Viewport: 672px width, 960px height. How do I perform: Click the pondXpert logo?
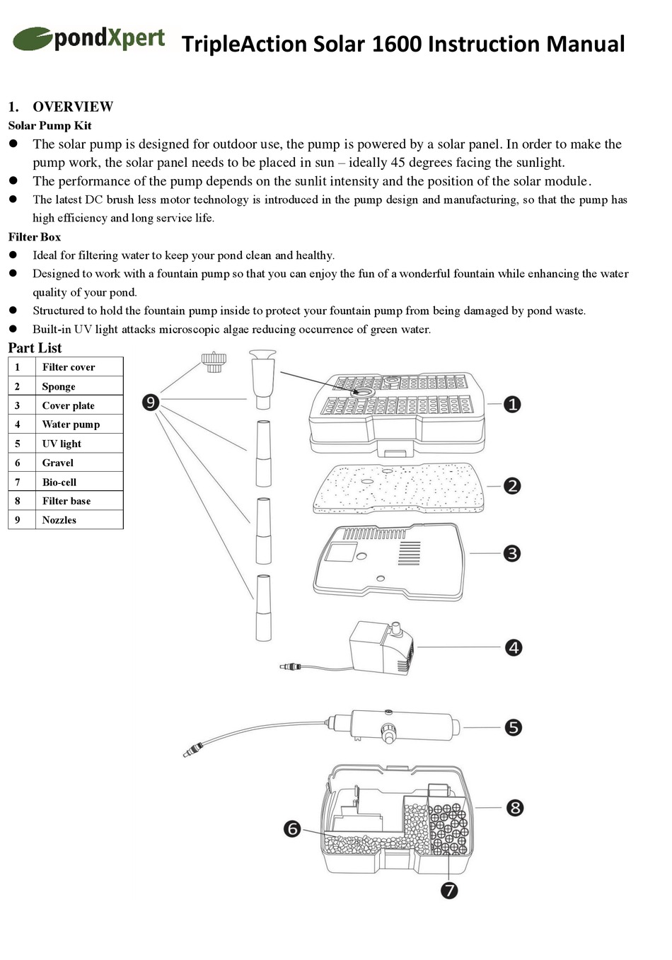89,39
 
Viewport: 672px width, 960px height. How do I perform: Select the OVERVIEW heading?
72,107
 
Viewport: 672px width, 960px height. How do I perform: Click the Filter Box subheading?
35,237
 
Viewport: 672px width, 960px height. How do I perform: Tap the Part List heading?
35,348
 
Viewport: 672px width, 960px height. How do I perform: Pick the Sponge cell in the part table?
59,386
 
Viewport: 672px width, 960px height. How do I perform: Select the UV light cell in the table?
62,444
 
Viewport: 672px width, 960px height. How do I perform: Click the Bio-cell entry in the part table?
59,482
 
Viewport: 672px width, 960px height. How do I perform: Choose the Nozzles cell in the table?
59,520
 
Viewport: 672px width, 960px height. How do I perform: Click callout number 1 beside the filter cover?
513,404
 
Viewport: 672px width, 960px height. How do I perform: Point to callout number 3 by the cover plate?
512,553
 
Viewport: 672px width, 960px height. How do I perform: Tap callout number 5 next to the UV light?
514,727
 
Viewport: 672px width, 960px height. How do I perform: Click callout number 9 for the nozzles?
150,403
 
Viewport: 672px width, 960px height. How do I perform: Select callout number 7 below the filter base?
449,890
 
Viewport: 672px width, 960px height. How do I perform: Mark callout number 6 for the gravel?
292,828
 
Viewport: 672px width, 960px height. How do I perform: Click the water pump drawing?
381,647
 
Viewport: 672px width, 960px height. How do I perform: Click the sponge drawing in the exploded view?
400,488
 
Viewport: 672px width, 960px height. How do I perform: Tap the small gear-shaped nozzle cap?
212,362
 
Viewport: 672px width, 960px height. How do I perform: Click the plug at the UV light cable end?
189,751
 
